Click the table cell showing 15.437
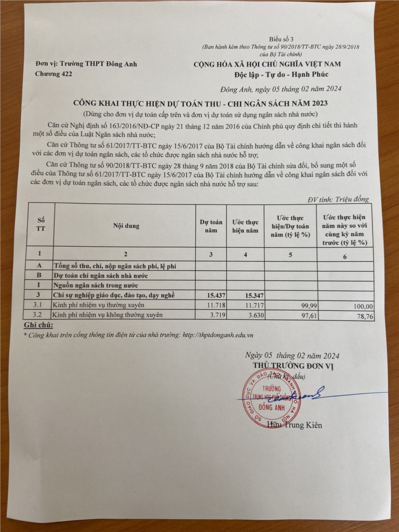pyautogui.click(x=211, y=295)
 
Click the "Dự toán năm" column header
pyautogui.click(x=211, y=226)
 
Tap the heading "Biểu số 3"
pyautogui.click(x=281, y=39)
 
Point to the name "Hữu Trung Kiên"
pyautogui.click(x=295, y=425)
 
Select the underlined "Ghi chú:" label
pyautogui.click(x=39, y=325)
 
